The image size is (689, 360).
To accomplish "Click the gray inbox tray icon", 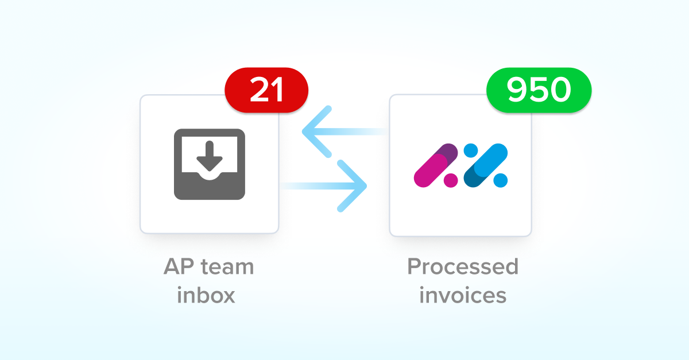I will [210, 164].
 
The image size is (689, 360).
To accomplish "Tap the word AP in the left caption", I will [179, 267].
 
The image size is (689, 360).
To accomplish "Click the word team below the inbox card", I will [226, 267].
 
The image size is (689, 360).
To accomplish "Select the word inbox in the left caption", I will [206, 296].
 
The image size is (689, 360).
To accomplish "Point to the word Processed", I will [463, 267].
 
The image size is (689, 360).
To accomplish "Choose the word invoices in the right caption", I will [463, 296].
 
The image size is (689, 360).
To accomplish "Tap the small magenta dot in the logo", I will [451, 180].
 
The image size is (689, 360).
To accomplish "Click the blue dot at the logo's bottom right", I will [501, 180].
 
